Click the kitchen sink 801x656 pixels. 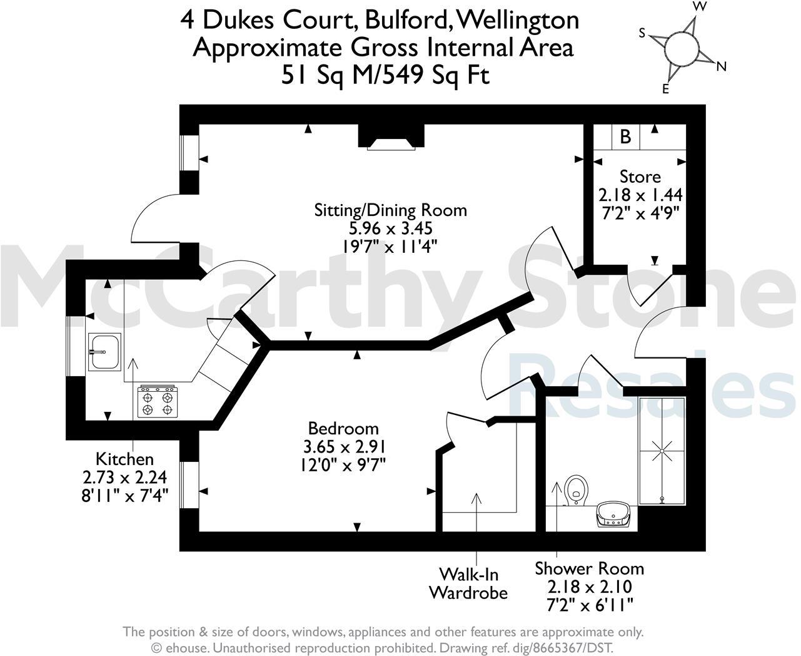(104, 352)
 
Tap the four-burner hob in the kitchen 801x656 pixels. (158, 402)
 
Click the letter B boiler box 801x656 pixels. (625, 136)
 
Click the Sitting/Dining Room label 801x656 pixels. (390, 210)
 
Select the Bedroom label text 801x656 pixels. (343, 429)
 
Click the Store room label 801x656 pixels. (640, 177)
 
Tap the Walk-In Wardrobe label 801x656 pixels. (468, 583)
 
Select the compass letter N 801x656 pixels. (721, 66)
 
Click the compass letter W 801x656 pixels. (701, 6)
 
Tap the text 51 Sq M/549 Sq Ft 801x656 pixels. (385, 75)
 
